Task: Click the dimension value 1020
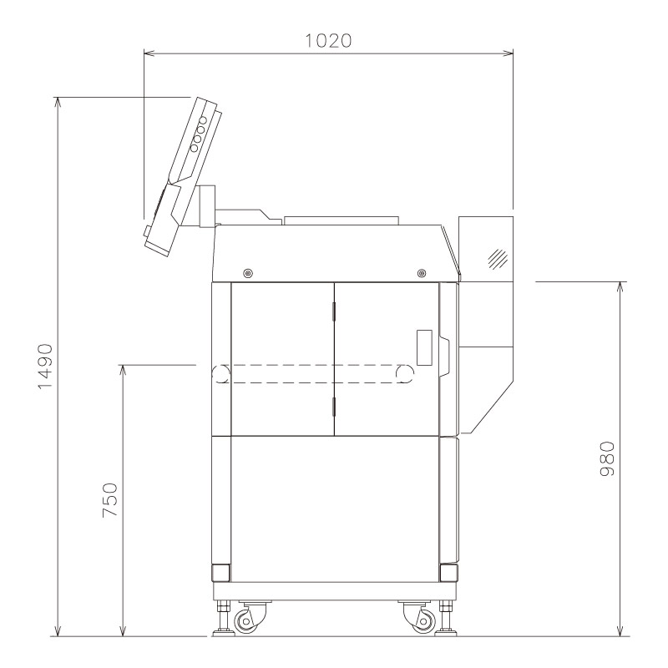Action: (x=327, y=39)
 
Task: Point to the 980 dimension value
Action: (x=607, y=458)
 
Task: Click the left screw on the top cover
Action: (x=247, y=272)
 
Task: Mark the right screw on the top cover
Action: (x=420, y=272)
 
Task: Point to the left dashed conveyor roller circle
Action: (x=220, y=374)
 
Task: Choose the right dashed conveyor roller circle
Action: (x=405, y=374)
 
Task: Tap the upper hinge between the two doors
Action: (x=334, y=311)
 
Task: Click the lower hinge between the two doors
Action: (x=334, y=407)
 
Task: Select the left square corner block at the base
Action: (x=221, y=573)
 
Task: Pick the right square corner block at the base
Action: (x=448, y=573)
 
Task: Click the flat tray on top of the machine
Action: (x=342, y=220)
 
